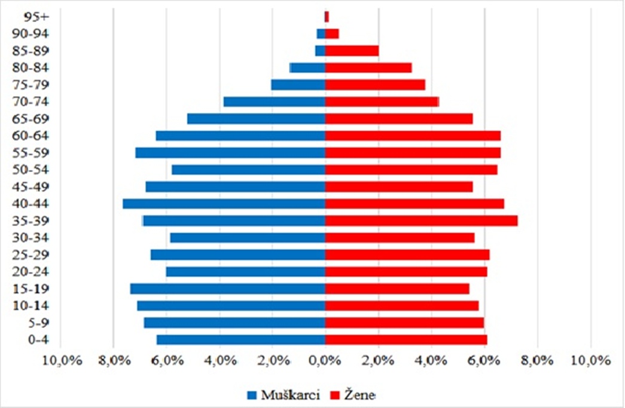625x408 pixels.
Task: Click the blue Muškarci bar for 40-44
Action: (x=224, y=204)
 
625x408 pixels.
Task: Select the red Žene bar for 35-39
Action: (x=421, y=221)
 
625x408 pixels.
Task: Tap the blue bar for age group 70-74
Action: (x=275, y=102)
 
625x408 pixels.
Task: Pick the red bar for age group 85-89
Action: (x=352, y=51)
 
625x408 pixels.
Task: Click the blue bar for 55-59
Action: (x=230, y=153)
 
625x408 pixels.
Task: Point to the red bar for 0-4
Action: (x=406, y=340)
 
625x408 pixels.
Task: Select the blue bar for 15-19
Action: (x=228, y=289)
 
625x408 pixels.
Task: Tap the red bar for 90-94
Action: (x=332, y=34)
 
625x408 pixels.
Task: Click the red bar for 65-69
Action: (x=399, y=119)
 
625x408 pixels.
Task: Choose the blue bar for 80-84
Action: (x=307, y=68)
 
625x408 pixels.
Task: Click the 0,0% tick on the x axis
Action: (x=325, y=361)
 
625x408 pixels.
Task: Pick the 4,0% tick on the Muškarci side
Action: (x=219, y=361)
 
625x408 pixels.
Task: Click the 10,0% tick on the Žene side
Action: (x=590, y=361)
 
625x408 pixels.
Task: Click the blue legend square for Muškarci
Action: (x=251, y=395)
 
